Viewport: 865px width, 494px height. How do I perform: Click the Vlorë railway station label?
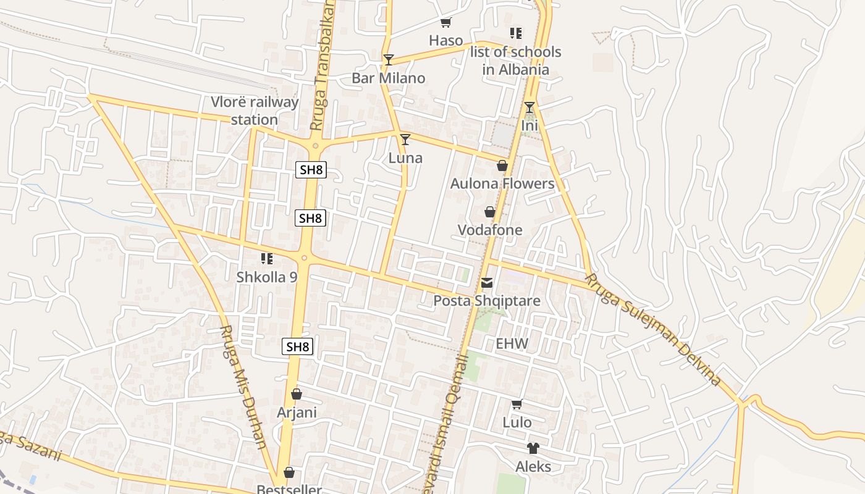tap(255, 111)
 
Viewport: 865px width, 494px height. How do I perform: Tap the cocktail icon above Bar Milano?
tap(388, 59)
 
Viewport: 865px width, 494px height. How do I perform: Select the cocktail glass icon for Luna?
tap(405, 140)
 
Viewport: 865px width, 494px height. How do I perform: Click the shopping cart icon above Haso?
tap(445, 23)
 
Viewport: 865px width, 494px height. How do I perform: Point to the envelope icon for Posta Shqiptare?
tap(487, 283)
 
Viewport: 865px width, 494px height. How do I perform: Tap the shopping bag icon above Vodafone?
tap(490, 212)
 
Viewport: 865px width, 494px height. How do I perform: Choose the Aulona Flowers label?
tap(502, 183)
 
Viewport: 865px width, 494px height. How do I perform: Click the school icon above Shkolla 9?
tap(266, 258)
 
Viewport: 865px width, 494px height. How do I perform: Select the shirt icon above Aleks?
tap(533, 448)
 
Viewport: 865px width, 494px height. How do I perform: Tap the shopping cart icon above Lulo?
tap(517, 404)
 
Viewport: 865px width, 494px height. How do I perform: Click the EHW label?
tap(512, 343)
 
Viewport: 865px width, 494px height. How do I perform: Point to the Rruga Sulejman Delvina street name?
tap(653, 330)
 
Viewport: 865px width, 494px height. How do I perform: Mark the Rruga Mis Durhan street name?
tap(243, 387)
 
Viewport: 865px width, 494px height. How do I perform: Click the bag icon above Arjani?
tap(297, 394)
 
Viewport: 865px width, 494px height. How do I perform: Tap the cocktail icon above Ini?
tap(530, 107)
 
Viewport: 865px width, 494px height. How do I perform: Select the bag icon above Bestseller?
tap(289, 473)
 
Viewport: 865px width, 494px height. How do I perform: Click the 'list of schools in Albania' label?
tap(516, 61)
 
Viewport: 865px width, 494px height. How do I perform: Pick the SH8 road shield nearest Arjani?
tap(298, 346)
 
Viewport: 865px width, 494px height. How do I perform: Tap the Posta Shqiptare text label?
tap(487, 301)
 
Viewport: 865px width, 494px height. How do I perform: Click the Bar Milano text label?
tap(388, 78)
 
